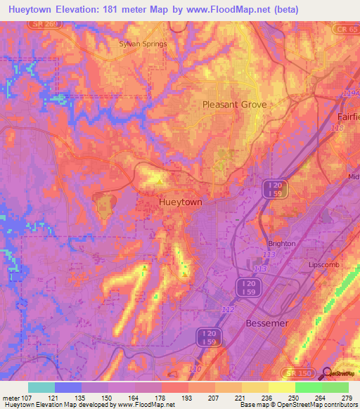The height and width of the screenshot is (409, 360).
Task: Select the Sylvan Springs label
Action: point(143,44)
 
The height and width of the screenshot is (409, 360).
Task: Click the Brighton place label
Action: point(281,243)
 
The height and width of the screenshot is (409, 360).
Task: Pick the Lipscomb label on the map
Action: point(324,266)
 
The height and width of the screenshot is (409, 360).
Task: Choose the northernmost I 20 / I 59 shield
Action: point(273,188)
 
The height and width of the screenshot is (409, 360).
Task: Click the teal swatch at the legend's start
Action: point(41,387)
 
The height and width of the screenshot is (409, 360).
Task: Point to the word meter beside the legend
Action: point(11,398)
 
